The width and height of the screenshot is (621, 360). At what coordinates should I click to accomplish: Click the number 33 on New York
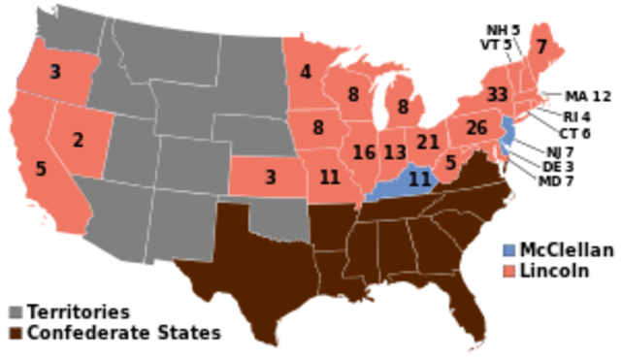pos(498,94)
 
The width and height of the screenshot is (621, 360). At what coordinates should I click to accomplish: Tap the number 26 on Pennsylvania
pos(475,127)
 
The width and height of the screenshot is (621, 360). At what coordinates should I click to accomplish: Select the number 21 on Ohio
pos(428,142)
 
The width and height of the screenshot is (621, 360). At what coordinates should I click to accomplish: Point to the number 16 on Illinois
pos(364,152)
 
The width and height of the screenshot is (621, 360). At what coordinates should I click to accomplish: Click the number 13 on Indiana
pos(394,152)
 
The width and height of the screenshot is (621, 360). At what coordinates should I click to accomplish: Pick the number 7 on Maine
pos(540,47)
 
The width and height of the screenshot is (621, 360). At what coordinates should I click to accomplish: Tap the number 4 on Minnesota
pos(306,72)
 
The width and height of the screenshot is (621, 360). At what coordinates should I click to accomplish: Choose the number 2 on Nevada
pos(79,140)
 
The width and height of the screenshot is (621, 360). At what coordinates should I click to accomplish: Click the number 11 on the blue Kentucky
pos(419,178)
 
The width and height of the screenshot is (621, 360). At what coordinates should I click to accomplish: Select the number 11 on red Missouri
pos(330,177)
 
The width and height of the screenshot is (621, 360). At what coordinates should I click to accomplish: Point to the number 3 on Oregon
pos(55,71)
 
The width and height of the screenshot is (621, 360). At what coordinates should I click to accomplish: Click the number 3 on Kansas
pos(270,177)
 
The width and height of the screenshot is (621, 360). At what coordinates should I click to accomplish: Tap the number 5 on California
pos(41,169)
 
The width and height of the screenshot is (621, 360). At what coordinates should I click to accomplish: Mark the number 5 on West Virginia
pos(450,162)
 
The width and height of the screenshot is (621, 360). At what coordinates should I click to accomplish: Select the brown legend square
pos(16,333)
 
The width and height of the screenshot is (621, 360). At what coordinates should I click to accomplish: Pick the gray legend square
pos(16,312)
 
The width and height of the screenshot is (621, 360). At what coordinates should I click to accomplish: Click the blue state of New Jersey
pos(504,135)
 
